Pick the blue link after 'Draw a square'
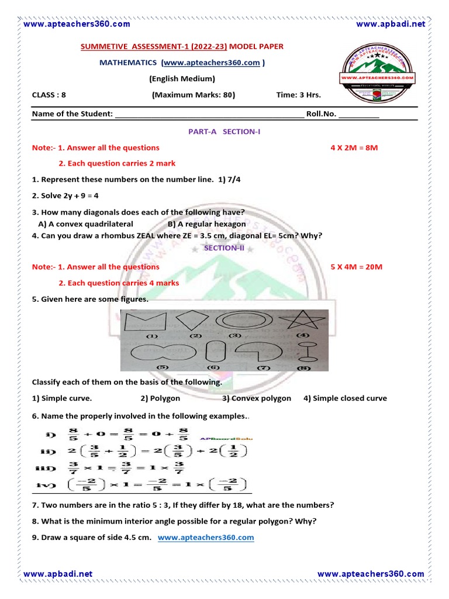point(206,537)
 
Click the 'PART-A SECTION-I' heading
point(224,132)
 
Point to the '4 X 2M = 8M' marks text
point(354,147)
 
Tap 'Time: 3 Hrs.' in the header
point(298,95)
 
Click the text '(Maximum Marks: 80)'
point(194,95)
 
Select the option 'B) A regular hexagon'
point(206,224)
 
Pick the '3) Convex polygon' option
point(256,398)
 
